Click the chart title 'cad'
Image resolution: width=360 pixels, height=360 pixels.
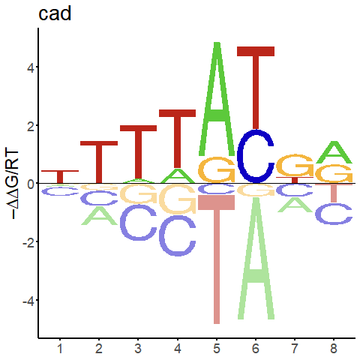(x=55, y=13)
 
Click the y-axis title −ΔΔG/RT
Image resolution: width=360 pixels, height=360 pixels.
(x=12, y=184)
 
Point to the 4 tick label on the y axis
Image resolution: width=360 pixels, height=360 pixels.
(x=31, y=67)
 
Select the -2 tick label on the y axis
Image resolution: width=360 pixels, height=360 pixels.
(x=28, y=242)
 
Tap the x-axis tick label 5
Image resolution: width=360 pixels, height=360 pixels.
(x=217, y=349)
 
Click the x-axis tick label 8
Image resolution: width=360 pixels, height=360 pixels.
(x=334, y=349)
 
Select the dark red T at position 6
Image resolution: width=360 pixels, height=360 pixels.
(x=256, y=88)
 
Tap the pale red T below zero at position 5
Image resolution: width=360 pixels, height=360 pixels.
(x=217, y=260)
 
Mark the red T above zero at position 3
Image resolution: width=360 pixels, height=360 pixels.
(x=138, y=152)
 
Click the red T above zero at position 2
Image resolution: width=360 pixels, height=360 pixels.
(x=99, y=163)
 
